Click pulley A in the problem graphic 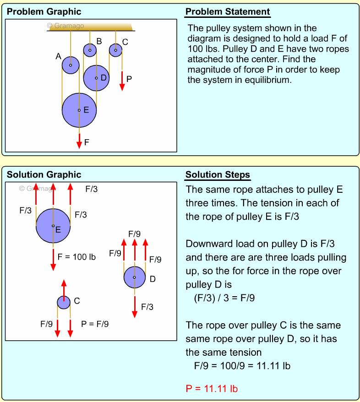[x=71, y=65]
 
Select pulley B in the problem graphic [x=90, y=49]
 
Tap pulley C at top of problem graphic [x=115, y=49]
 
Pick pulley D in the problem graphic [x=96, y=78]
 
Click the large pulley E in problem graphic [x=79, y=110]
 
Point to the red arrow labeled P [x=122, y=81]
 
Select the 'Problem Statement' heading [x=228, y=12]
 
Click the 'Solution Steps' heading [x=218, y=175]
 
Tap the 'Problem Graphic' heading [x=44, y=12]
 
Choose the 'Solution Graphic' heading [x=44, y=175]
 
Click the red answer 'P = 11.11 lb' [x=212, y=389]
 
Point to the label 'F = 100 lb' [x=76, y=257]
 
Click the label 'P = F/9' [x=95, y=324]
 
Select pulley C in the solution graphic [x=64, y=302]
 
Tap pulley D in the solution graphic [x=135, y=277]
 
